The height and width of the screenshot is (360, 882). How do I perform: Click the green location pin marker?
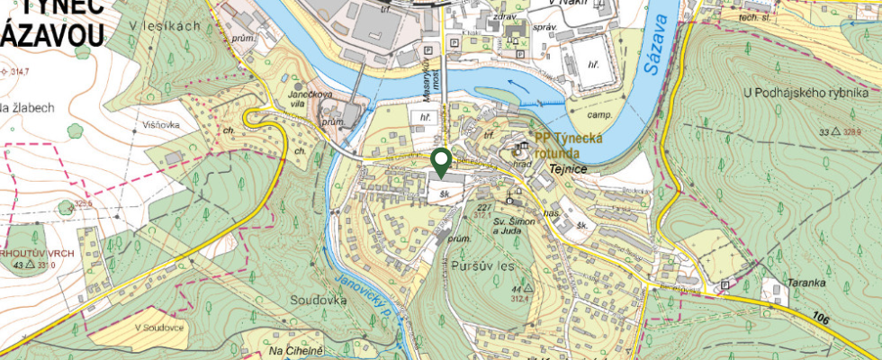click(441, 162)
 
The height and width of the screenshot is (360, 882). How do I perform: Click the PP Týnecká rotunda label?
click(574, 145)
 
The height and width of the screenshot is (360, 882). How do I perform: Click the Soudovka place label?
click(319, 299)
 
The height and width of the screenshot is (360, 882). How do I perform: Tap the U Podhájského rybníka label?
click(805, 93)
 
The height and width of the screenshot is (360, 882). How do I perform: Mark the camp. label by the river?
click(599, 115)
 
